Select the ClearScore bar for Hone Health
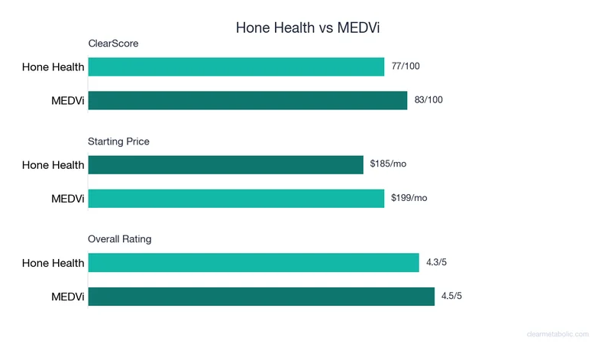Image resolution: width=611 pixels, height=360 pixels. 236,66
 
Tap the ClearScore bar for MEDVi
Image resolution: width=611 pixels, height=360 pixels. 247,100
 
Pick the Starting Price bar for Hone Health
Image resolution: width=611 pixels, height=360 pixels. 225,164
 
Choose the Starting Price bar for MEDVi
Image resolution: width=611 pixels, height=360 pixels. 236,198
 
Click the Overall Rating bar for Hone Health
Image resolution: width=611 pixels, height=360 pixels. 254,262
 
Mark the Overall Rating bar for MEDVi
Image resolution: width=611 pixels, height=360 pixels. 261,296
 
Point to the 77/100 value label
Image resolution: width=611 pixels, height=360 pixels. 406,66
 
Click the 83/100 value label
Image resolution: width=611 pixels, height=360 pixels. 428,100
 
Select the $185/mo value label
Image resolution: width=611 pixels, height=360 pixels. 388,164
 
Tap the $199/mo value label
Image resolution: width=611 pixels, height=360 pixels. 409,198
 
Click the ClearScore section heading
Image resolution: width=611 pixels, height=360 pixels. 113,44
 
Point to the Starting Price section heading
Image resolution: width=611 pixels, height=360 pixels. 118,141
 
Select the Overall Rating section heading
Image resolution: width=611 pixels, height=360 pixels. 119,239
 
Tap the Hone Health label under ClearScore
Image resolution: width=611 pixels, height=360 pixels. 53,67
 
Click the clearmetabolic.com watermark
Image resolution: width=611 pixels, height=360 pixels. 558,334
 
